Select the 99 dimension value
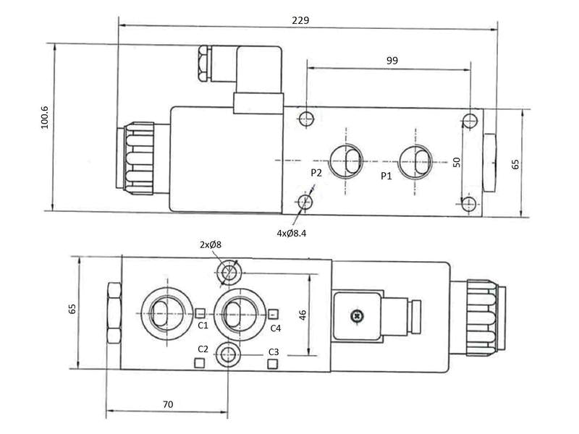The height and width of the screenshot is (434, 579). pyautogui.click(x=392, y=61)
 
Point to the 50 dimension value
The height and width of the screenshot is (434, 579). pyautogui.click(x=457, y=161)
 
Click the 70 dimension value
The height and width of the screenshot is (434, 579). pyautogui.click(x=167, y=404)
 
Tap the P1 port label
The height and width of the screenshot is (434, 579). pyautogui.click(x=386, y=175)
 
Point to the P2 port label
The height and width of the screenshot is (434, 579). pyautogui.click(x=316, y=172)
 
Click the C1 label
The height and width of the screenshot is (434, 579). pyautogui.click(x=203, y=325)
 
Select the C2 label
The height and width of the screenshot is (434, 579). pyautogui.click(x=203, y=349)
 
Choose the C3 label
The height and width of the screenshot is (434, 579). pyautogui.click(x=274, y=352)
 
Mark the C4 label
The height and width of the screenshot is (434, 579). pyautogui.click(x=276, y=328)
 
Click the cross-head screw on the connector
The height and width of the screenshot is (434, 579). pyautogui.click(x=355, y=315)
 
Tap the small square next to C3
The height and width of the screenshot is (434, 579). pyautogui.click(x=273, y=363)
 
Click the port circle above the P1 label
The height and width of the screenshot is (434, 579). pyautogui.click(x=416, y=159)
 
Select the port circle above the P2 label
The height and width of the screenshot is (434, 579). pyautogui.click(x=346, y=159)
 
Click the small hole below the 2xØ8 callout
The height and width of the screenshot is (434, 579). pyautogui.click(x=229, y=272)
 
